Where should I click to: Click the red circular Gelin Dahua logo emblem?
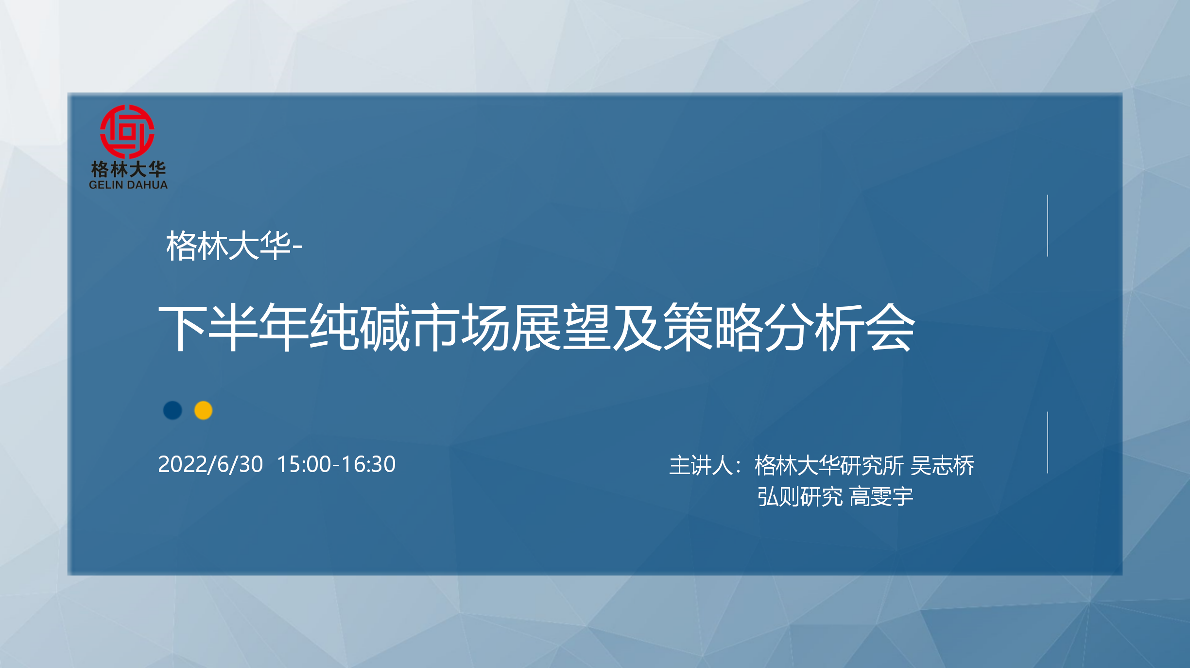click(127, 132)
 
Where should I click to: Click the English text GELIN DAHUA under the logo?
click(128, 185)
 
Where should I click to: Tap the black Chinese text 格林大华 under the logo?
click(128, 169)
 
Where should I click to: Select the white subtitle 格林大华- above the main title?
click(234, 246)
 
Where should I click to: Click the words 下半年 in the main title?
click(233, 327)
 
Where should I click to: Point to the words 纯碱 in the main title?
click(360, 327)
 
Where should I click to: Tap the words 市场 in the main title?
click(460, 327)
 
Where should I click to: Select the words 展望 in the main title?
click(561, 327)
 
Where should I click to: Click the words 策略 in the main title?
click(713, 327)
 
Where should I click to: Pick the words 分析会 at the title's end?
click(840, 327)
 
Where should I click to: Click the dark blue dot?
click(172, 410)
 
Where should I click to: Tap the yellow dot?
click(203, 410)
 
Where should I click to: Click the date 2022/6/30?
click(210, 464)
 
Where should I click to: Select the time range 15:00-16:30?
click(336, 464)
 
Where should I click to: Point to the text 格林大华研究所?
click(829, 466)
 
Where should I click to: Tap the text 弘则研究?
click(800, 497)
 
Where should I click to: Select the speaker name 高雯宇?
click(881, 497)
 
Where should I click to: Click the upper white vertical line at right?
click(1048, 226)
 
